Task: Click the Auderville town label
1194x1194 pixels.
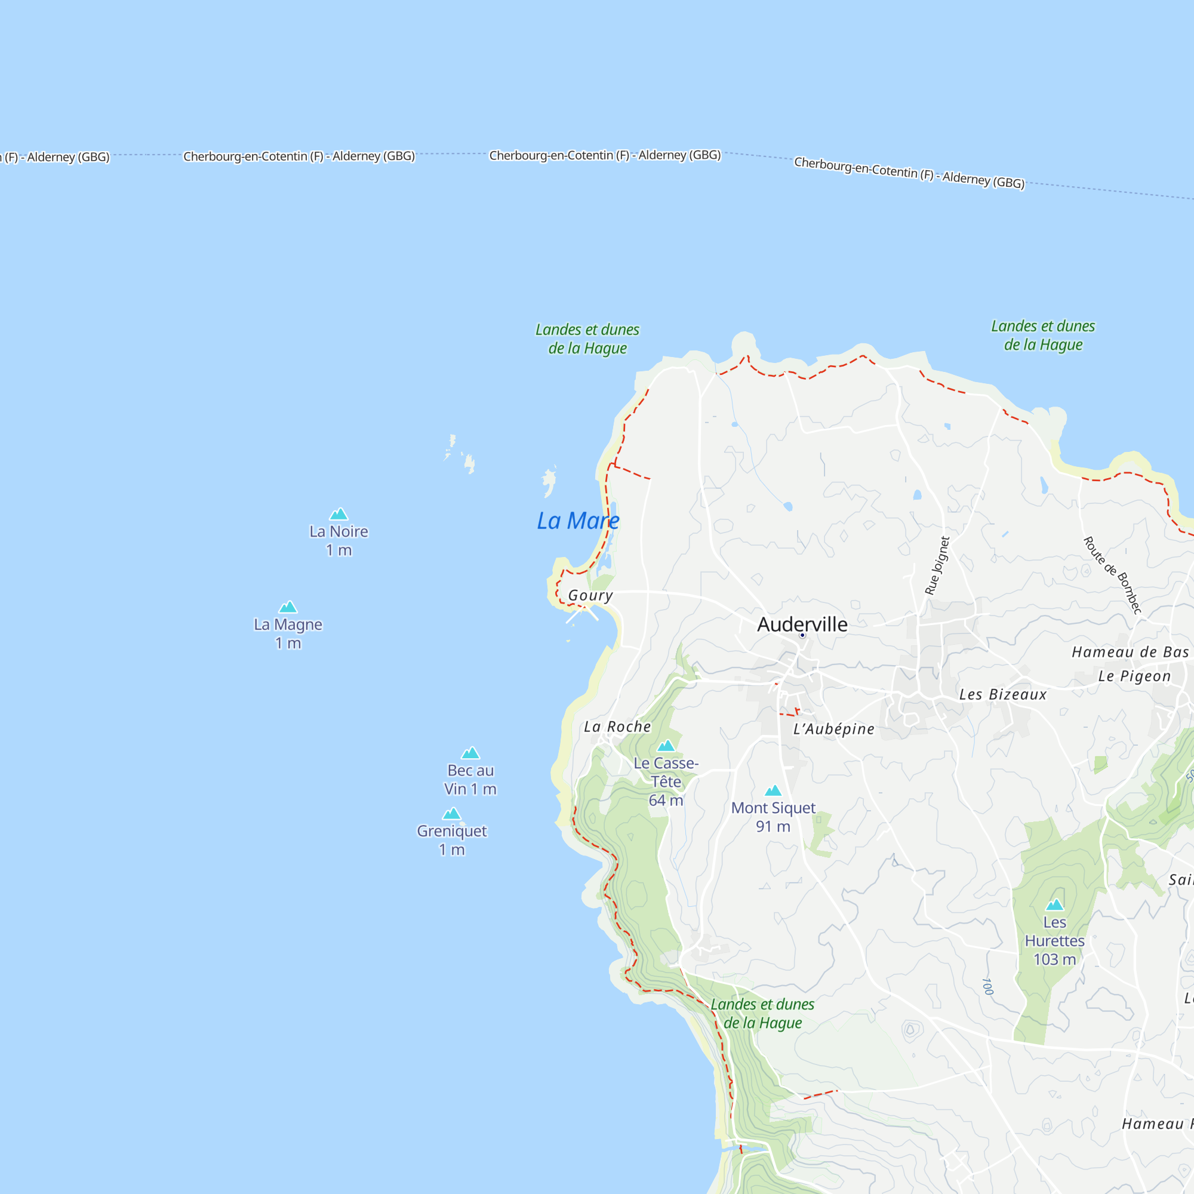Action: click(x=802, y=624)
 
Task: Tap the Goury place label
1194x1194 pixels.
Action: click(x=590, y=595)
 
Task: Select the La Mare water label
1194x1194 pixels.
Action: click(x=578, y=521)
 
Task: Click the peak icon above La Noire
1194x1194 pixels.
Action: click(x=338, y=513)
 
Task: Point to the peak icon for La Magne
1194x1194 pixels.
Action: click(x=288, y=607)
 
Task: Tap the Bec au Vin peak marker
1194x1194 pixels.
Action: click(x=470, y=753)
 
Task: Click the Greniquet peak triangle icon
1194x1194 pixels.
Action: click(x=452, y=813)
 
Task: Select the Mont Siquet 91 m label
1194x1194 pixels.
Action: click(x=773, y=817)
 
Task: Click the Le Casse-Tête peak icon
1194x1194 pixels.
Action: click(x=666, y=745)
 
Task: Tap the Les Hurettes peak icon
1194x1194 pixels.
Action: click(x=1054, y=905)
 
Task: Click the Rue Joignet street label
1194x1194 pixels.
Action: click(x=937, y=565)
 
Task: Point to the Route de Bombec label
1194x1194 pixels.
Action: click(x=1112, y=576)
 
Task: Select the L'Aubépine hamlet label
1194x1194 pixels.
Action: click(x=833, y=730)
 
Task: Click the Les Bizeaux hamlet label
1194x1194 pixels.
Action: click(x=1002, y=695)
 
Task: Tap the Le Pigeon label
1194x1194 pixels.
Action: click(x=1134, y=676)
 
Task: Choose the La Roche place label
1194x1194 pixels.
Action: click(x=617, y=727)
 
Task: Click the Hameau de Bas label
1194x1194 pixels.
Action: click(x=1130, y=652)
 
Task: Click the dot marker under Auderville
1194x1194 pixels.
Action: click(x=802, y=635)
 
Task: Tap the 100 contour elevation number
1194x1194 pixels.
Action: click(x=987, y=986)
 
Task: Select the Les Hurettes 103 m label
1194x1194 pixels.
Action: click(x=1054, y=941)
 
